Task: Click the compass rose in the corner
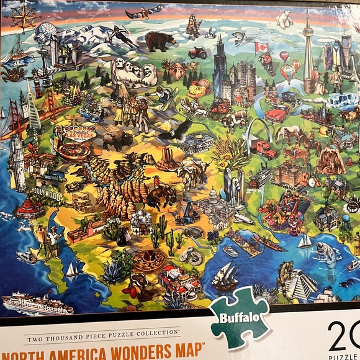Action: point(23,17)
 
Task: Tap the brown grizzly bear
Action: point(160,41)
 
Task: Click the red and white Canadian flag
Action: point(261,47)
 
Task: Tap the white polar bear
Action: point(284,20)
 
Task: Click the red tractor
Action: point(197,53)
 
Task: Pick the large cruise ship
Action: point(37,304)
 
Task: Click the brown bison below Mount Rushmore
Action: point(117,140)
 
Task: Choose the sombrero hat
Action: point(149,261)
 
